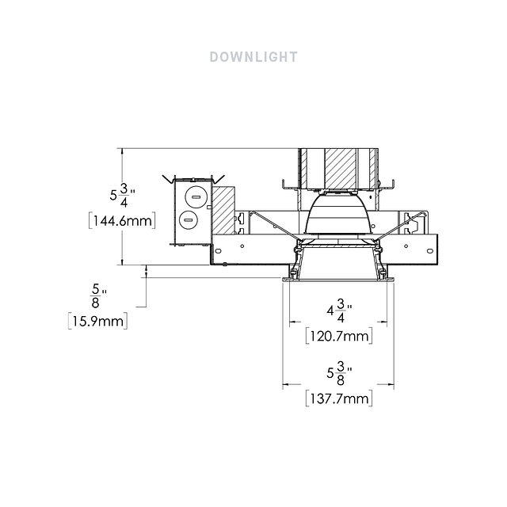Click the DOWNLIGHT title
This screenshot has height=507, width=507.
click(x=253, y=57)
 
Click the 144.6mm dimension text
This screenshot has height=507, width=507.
click(x=122, y=221)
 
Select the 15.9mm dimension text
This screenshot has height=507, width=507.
click(x=97, y=321)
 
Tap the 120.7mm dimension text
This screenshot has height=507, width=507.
click(x=339, y=336)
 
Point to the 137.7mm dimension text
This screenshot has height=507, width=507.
click(x=339, y=398)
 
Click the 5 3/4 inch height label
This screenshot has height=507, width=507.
click(x=122, y=195)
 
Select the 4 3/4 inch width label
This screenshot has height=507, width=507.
click(x=339, y=311)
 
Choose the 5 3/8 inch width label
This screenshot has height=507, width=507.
click(x=339, y=373)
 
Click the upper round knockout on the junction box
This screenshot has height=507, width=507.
click(x=196, y=197)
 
